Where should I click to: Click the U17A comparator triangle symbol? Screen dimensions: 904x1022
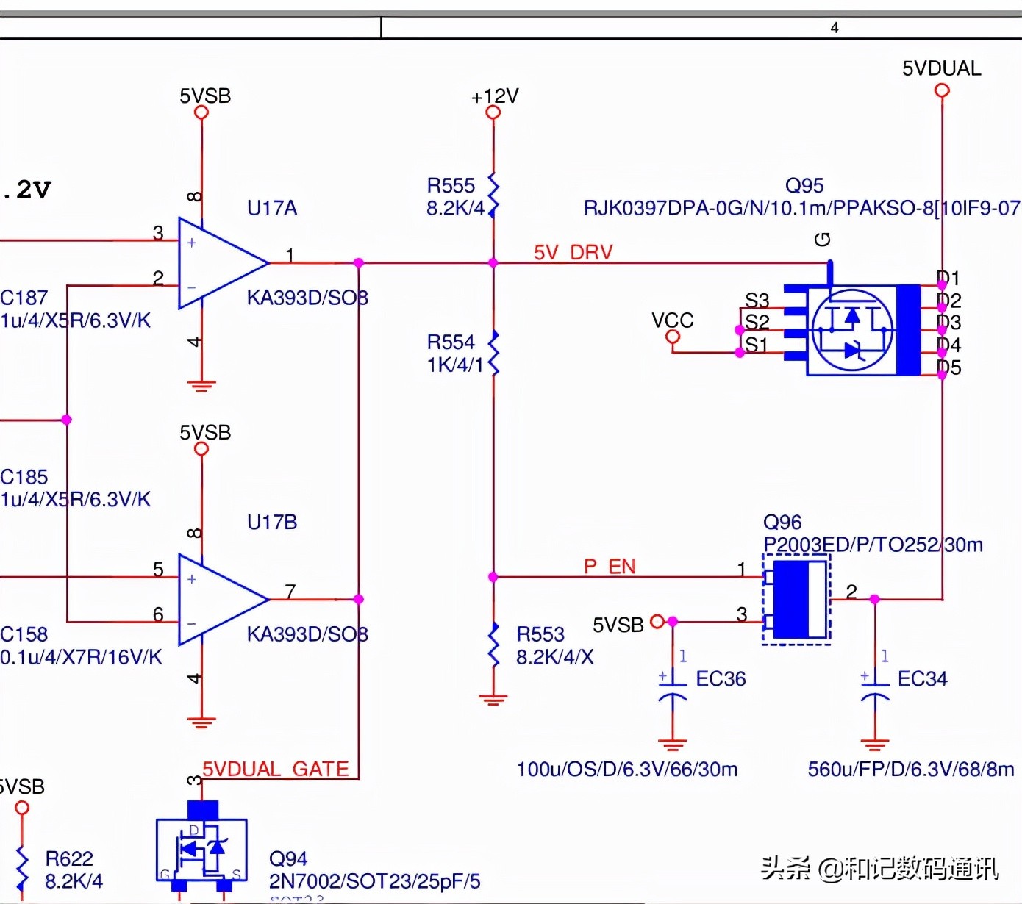tap(221, 263)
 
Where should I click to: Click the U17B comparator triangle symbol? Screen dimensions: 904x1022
tap(221, 600)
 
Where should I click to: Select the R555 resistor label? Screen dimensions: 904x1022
tap(451, 185)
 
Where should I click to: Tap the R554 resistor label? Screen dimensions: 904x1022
tap(451, 342)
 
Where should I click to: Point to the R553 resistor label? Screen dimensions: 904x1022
tap(540, 634)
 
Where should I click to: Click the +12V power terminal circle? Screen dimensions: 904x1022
tap(493, 112)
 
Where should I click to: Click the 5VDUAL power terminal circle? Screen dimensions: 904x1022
tap(942, 90)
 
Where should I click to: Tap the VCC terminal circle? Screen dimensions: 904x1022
tap(672, 337)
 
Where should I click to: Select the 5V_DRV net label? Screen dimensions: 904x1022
tap(573, 253)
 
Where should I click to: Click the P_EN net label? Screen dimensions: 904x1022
tap(610, 567)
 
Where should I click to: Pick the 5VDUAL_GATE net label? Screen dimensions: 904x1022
tap(276, 770)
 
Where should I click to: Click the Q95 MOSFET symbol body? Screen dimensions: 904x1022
tap(853, 330)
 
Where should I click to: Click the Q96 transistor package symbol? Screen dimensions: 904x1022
tap(797, 600)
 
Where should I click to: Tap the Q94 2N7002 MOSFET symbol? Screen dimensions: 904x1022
tap(201, 849)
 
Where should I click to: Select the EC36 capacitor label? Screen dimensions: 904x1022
tap(721, 679)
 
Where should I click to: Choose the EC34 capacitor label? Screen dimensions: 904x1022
tap(922, 679)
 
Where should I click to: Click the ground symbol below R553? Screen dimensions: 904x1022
tap(493, 698)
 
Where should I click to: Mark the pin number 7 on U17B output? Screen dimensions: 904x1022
tap(290, 591)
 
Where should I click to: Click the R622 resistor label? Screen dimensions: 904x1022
tap(69, 858)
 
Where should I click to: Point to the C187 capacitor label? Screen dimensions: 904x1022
tap(24, 298)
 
